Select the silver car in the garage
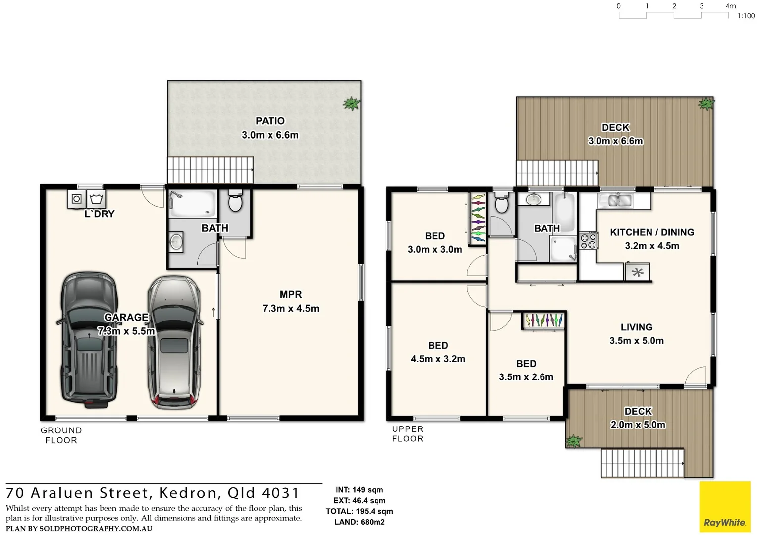tap(174, 342)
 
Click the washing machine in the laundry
tap(77, 199)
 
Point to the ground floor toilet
tap(235, 201)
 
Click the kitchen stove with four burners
tap(588, 241)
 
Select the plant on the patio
tap(351, 104)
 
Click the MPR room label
tap(290, 294)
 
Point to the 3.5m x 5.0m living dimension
tap(636, 341)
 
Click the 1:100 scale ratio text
tap(746, 16)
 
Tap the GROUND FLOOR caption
tap(61, 435)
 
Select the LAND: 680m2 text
tap(359, 522)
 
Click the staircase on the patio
tap(210, 170)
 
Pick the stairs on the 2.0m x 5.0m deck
tap(642, 463)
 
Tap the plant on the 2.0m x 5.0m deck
tap(574, 441)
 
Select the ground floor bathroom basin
tap(176, 242)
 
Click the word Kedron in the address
tap(188, 493)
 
